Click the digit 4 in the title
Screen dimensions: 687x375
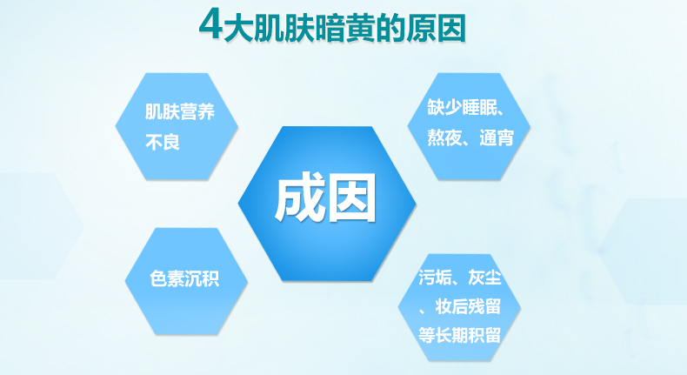210,24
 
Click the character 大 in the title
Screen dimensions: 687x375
237,28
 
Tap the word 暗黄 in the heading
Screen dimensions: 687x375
344,28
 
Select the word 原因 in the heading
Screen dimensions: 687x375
436,28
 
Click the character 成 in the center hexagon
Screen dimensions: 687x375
300,198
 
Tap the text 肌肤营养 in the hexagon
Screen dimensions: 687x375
180,111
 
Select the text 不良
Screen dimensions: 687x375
163,142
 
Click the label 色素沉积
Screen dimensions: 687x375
184,278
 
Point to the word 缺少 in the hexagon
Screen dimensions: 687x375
444,106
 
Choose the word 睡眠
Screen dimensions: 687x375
479,106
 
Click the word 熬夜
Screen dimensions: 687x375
444,137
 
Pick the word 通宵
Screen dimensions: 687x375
497,137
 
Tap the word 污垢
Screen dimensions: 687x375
435,277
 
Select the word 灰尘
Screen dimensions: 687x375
484,277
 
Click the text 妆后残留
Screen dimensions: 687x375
468,306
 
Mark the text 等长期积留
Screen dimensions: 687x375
460,336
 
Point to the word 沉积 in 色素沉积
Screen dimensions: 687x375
202,278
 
